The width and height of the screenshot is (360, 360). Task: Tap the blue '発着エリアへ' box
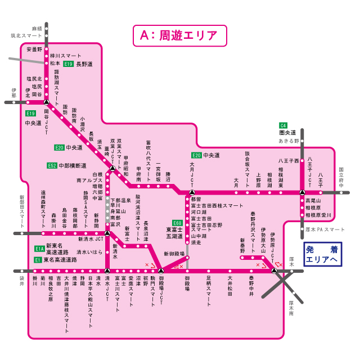pyautogui.click(x=322, y=255)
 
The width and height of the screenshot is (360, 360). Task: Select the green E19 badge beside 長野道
pyautogui.click(x=69, y=64)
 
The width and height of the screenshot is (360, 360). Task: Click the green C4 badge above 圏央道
pyautogui.click(x=283, y=125)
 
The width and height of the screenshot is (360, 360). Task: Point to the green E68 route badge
pyautogui.click(x=177, y=223)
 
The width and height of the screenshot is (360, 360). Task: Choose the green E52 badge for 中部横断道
pyautogui.click(x=52, y=166)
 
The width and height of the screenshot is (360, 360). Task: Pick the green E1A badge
pyautogui.click(x=39, y=248)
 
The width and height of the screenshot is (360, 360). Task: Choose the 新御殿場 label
pyautogui.click(x=174, y=255)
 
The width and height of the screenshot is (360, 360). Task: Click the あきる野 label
pyautogui.click(x=290, y=141)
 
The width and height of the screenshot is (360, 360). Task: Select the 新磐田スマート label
pyautogui.click(x=22, y=208)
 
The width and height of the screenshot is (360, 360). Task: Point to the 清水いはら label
pyautogui.click(x=89, y=252)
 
